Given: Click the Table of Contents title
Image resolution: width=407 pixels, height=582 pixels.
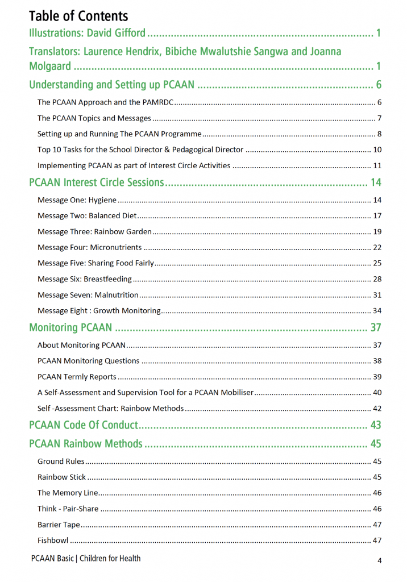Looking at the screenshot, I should click(78, 16).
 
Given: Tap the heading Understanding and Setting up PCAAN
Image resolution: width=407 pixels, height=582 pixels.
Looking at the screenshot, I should click(111, 85).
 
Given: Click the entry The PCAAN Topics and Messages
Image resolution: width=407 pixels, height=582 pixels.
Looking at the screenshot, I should click(94, 118).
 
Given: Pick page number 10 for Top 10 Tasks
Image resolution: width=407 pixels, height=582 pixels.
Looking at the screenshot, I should click(377, 150).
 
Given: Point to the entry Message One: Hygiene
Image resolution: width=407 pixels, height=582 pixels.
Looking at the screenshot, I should click(77, 200).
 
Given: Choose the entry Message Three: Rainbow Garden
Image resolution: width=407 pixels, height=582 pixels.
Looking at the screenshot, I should click(94, 231).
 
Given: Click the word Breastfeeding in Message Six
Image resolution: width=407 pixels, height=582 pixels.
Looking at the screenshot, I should click(107, 279).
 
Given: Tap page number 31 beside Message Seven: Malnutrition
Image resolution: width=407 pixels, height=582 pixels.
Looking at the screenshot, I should click(377, 295).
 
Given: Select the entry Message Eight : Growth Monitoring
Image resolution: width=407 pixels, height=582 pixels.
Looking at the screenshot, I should click(99, 311).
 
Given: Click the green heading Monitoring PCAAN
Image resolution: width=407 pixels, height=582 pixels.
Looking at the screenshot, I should click(70, 328).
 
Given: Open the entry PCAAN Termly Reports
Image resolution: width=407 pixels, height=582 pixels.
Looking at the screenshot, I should click(77, 377).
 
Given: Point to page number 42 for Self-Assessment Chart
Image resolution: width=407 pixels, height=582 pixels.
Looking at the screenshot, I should click(377, 409).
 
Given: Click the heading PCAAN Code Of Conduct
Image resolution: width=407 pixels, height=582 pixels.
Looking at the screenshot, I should click(84, 425).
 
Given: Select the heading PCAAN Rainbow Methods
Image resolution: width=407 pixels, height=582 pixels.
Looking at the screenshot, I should click(86, 444).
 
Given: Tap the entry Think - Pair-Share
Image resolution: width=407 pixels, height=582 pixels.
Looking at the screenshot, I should click(68, 509).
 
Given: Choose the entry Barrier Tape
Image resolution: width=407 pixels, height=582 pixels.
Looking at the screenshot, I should click(59, 525).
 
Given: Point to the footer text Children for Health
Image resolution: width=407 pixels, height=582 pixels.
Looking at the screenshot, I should click(110, 559).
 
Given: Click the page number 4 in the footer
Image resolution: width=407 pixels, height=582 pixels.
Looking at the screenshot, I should click(380, 561).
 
